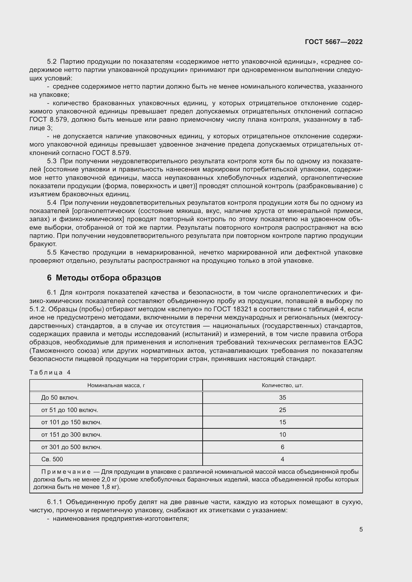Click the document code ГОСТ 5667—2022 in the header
click(x=334, y=42)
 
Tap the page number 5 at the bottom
click(x=361, y=529)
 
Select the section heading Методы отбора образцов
click(x=108, y=278)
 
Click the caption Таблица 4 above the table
click(x=50, y=372)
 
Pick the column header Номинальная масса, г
click(x=116, y=385)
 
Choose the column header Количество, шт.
click(x=282, y=385)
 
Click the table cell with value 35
click(x=282, y=397)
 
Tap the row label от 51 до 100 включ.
click(x=69, y=410)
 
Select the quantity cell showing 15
click(x=282, y=422)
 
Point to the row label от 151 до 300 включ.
click(x=71, y=434)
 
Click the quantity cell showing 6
click(x=282, y=447)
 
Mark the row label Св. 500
click(x=52, y=459)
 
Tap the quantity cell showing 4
click(x=282, y=459)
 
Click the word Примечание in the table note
click(x=66, y=472)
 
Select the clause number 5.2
click(x=52, y=62)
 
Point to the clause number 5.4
click(x=52, y=203)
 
